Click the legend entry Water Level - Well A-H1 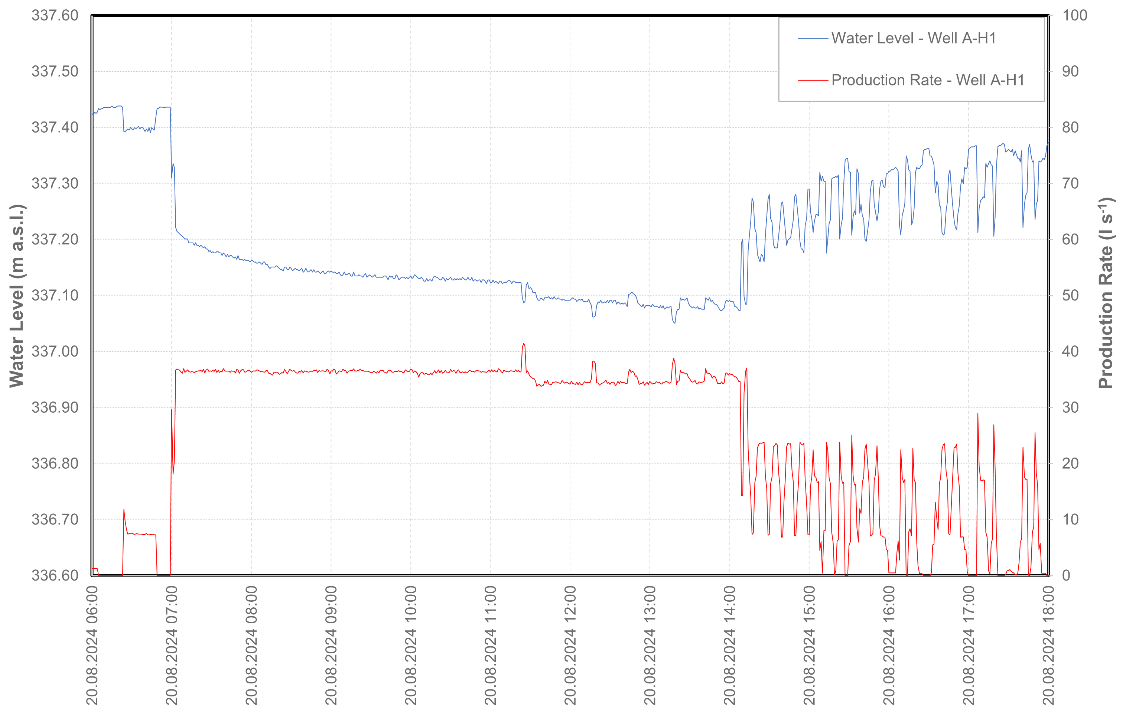[913, 38]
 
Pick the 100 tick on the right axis [1074, 16]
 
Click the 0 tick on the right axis [1066, 575]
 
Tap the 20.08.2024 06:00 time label [92, 645]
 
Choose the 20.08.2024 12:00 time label [570, 645]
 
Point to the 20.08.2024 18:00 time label [1048, 645]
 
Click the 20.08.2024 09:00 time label [331, 645]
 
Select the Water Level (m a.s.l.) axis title [16, 296]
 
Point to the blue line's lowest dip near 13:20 [674, 323]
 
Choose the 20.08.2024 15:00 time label [809, 645]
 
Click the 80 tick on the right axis [1070, 127]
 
